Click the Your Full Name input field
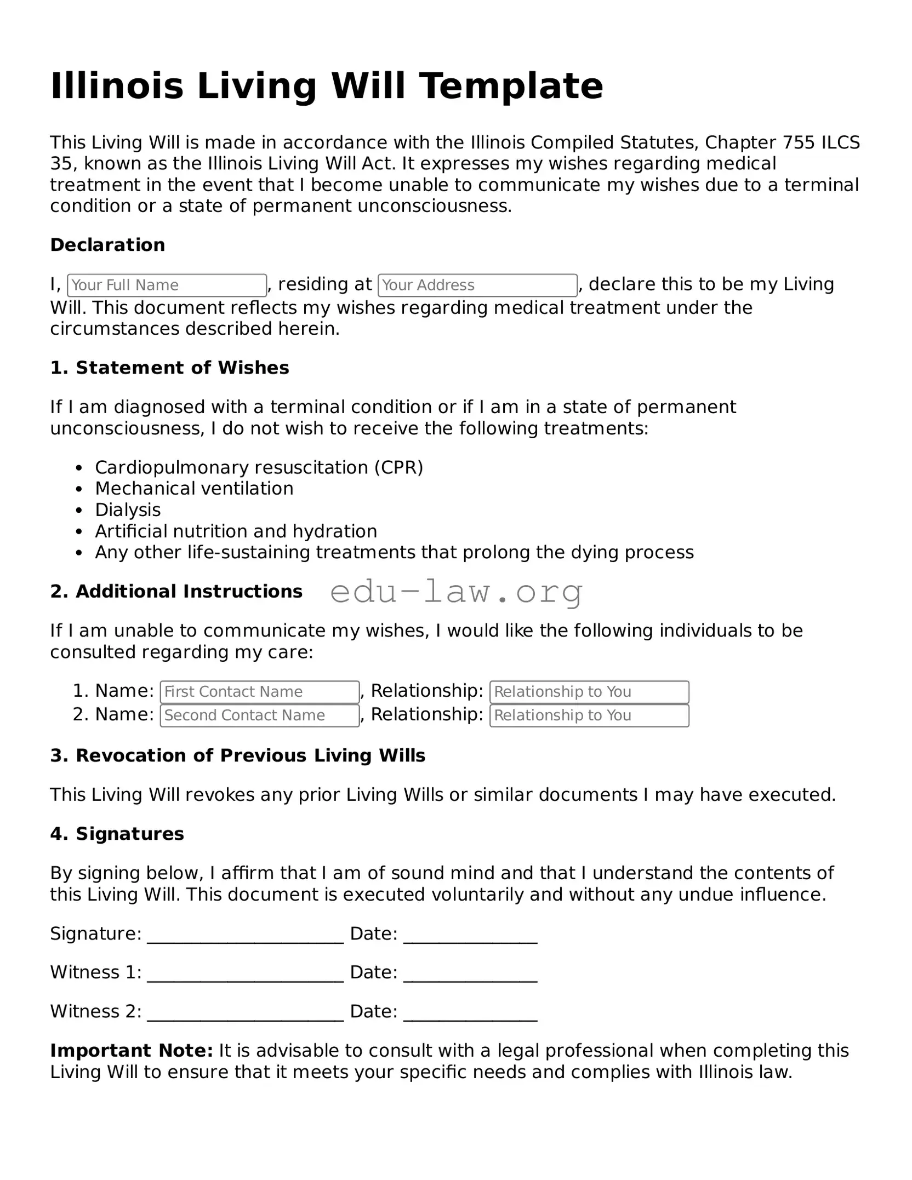tap(167, 285)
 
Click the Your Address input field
tap(477, 285)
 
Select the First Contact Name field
tap(260, 692)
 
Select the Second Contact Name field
tap(260, 715)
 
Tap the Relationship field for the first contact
tap(589, 692)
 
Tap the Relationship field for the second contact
tap(589, 715)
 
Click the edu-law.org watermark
tap(457, 592)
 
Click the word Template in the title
tap(511, 86)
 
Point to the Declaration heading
tap(107, 245)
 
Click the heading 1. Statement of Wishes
tap(169, 368)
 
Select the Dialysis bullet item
tap(128, 510)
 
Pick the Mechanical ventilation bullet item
tap(194, 489)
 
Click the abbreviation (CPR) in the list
tap(399, 467)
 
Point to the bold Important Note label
tap(132, 1051)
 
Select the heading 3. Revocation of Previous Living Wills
tap(237, 755)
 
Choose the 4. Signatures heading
tap(117, 834)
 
